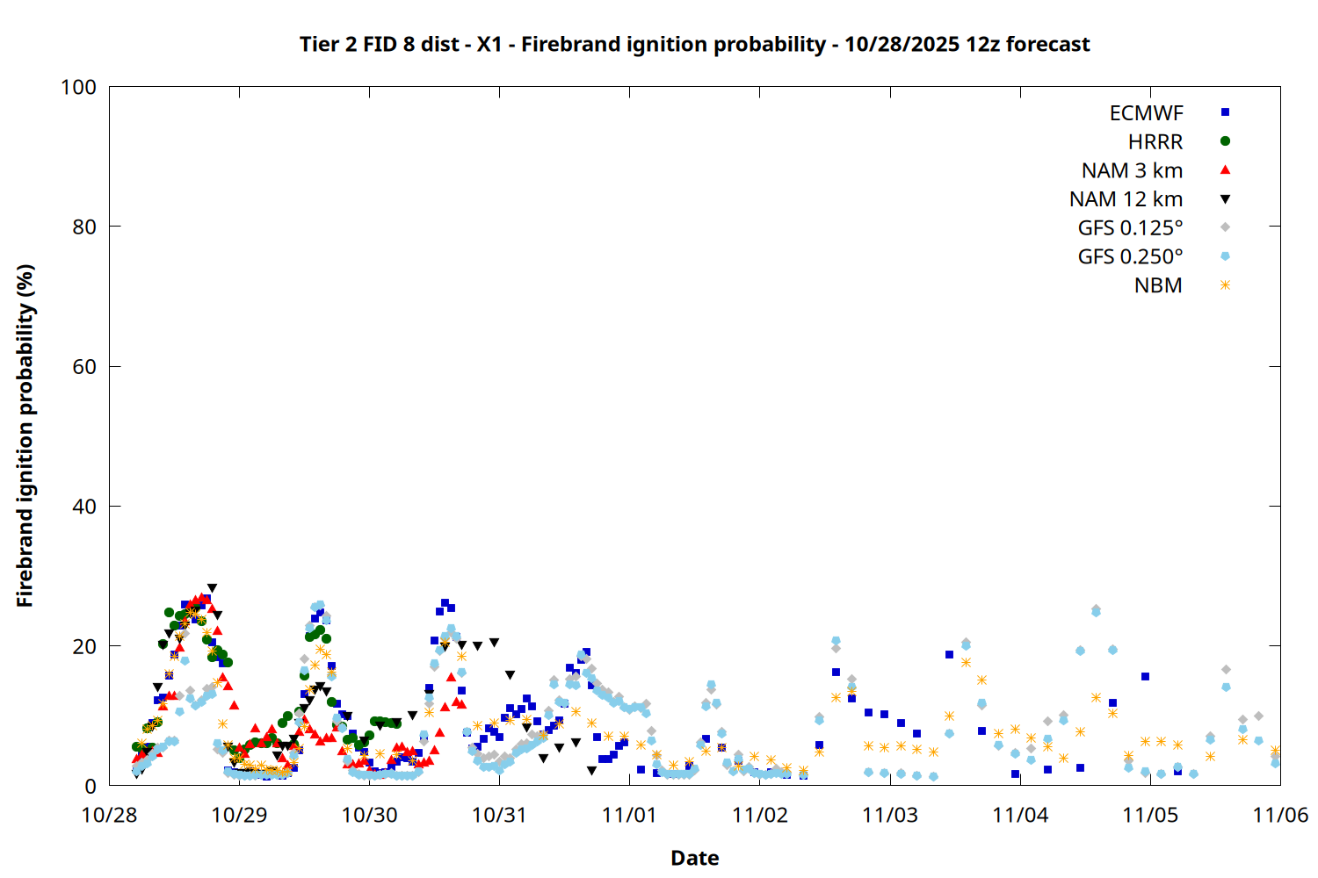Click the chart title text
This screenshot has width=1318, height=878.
(694, 44)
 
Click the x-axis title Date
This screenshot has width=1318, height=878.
(694, 858)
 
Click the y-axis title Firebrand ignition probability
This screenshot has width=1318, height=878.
(25, 435)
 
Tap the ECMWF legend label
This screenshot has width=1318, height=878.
(1146, 113)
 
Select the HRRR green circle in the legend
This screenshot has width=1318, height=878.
(1225, 141)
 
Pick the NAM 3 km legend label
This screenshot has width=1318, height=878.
(1132, 170)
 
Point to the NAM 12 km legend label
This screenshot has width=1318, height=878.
(1126, 199)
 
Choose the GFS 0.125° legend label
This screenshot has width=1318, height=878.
(1130, 228)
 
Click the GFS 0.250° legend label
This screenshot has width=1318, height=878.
(1130, 256)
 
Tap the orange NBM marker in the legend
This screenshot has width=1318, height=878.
(1225, 285)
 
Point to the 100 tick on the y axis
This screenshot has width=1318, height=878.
(78, 87)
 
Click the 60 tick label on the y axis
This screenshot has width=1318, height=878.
(84, 366)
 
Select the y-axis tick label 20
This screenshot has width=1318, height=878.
(84, 646)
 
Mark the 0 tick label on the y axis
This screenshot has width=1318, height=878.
(91, 786)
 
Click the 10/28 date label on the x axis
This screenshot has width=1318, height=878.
(109, 815)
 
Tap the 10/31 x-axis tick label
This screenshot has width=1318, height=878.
(499, 815)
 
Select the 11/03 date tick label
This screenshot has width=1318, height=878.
(890, 815)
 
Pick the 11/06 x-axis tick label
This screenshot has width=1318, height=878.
(1280, 815)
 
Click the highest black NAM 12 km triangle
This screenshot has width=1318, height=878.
(212, 588)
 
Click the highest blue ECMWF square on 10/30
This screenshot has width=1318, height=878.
(445, 603)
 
